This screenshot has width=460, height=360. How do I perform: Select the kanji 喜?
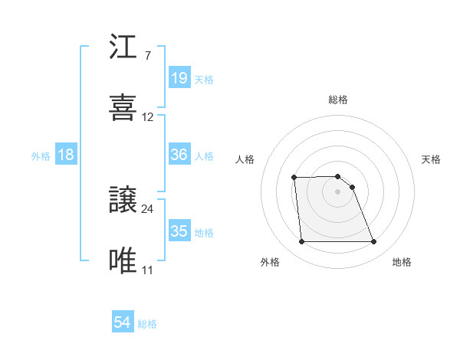[x=123, y=108]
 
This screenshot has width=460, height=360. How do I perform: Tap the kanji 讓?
[x=123, y=200]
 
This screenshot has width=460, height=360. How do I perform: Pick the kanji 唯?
[x=123, y=260]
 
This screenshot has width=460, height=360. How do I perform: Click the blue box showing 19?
[x=179, y=77]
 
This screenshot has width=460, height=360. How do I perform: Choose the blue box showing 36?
[x=179, y=155]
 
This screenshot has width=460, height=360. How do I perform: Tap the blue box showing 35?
[x=179, y=231]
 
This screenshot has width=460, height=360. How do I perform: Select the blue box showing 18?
[x=66, y=155]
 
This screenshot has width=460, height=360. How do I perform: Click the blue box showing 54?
[x=123, y=323]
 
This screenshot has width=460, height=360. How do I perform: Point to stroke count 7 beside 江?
[x=147, y=56]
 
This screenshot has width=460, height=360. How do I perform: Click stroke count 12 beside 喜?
[x=148, y=117]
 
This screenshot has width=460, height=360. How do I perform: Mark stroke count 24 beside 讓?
[x=148, y=208]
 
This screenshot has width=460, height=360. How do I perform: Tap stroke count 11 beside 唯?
[x=147, y=270]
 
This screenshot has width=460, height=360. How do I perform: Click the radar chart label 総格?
[x=338, y=100]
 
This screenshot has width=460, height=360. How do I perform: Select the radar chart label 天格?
[x=432, y=159]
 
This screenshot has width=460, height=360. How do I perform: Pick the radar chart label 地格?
[x=402, y=263]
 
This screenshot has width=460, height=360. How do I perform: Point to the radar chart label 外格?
[x=270, y=263]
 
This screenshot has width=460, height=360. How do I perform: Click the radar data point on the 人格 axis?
[x=294, y=178]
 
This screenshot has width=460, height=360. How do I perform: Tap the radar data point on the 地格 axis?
[x=373, y=242]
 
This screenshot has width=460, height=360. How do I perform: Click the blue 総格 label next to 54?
[x=147, y=324]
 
